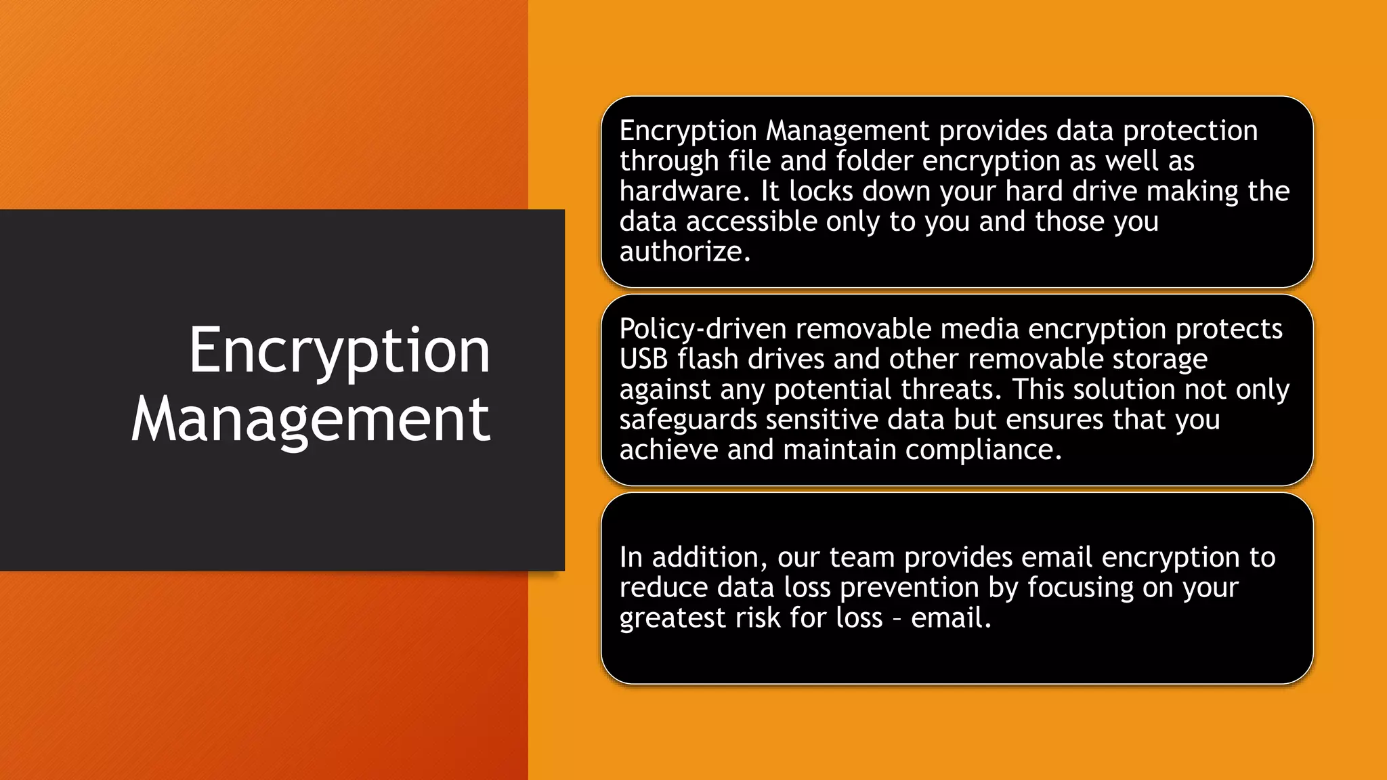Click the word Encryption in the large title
[339, 351]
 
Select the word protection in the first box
[1190, 131]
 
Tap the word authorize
[684, 252]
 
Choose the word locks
[821, 192]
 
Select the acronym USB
[643, 360]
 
